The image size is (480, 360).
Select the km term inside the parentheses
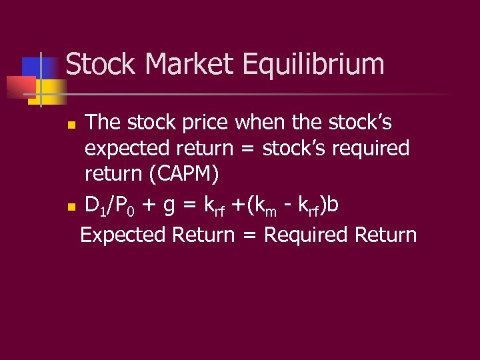(265, 207)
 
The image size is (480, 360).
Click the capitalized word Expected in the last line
(123, 235)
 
